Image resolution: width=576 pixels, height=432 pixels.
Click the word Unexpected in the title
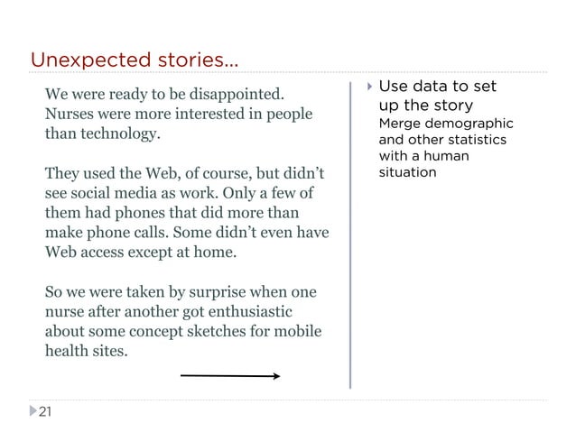click(x=80, y=60)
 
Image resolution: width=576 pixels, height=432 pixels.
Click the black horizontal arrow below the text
click(x=229, y=376)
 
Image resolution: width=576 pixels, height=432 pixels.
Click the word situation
click(x=407, y=170)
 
